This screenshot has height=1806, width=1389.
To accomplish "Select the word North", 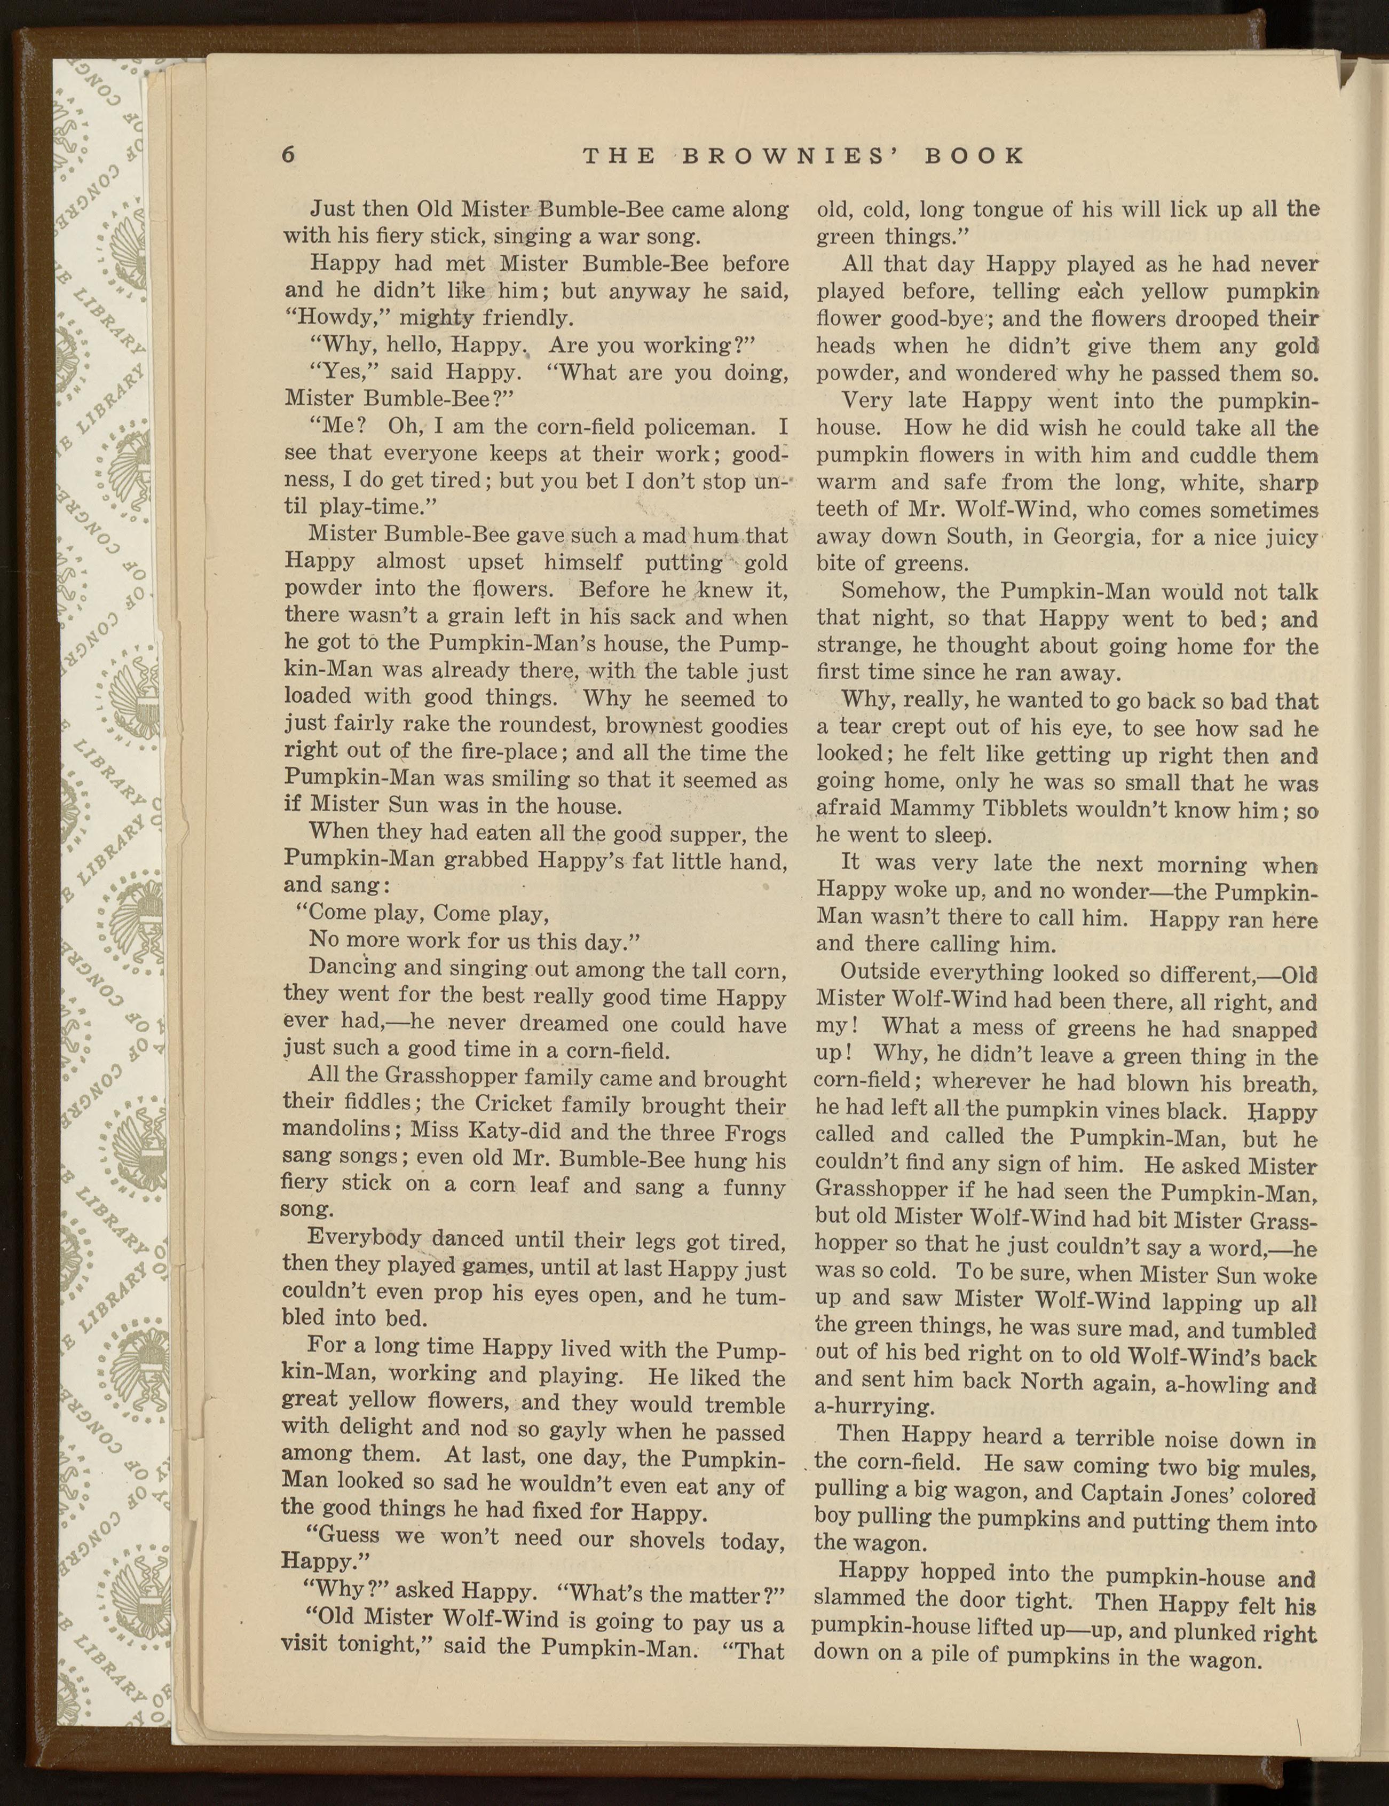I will [x=1052, y=1381].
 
